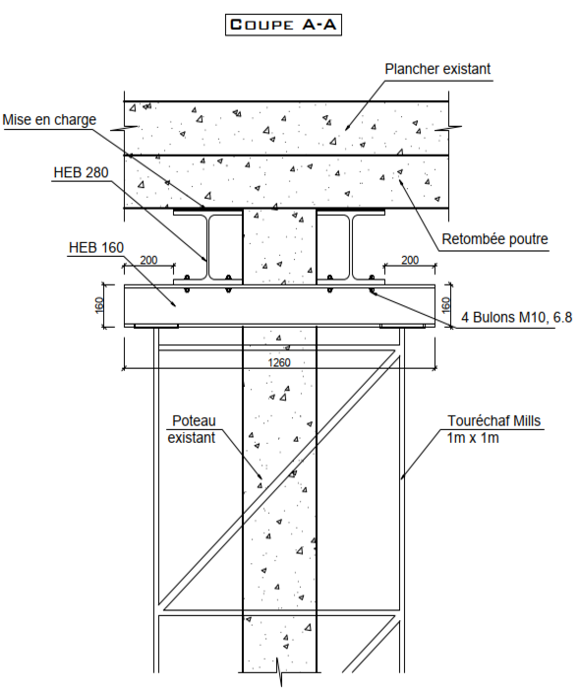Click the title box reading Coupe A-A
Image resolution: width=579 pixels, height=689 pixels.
click(283, 25)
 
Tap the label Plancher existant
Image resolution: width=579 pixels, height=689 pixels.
click(437, 69)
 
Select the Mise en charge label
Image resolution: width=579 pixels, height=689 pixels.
click(49, 120)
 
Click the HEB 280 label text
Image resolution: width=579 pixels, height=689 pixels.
click(81, 172)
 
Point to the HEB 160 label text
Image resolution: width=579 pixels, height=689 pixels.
click(96, 247)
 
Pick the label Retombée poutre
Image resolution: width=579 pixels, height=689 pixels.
click(494, 239)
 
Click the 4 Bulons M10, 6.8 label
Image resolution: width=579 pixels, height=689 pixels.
click(516, 317)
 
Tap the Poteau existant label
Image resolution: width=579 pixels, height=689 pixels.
click(192, 429)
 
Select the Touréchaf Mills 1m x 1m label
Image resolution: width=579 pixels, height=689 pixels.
click(493, 429)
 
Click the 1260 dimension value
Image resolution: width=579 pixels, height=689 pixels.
click(279, 362)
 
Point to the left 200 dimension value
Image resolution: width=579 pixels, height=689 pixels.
click(148, 260)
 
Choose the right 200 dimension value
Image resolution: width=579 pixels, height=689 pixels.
click(410, 260)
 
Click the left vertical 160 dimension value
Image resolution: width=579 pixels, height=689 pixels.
click(99, 305)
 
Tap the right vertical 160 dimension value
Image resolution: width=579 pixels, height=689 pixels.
click(445, 305)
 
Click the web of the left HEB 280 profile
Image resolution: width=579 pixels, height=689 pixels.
click(207, 247)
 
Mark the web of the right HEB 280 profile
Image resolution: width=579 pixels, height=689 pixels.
click(351, 247)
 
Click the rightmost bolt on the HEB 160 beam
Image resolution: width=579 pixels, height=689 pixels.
click(372, 283)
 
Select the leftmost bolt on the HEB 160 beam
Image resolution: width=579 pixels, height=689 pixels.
click(187, 283)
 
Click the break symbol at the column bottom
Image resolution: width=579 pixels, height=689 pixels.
click(279, 671)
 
